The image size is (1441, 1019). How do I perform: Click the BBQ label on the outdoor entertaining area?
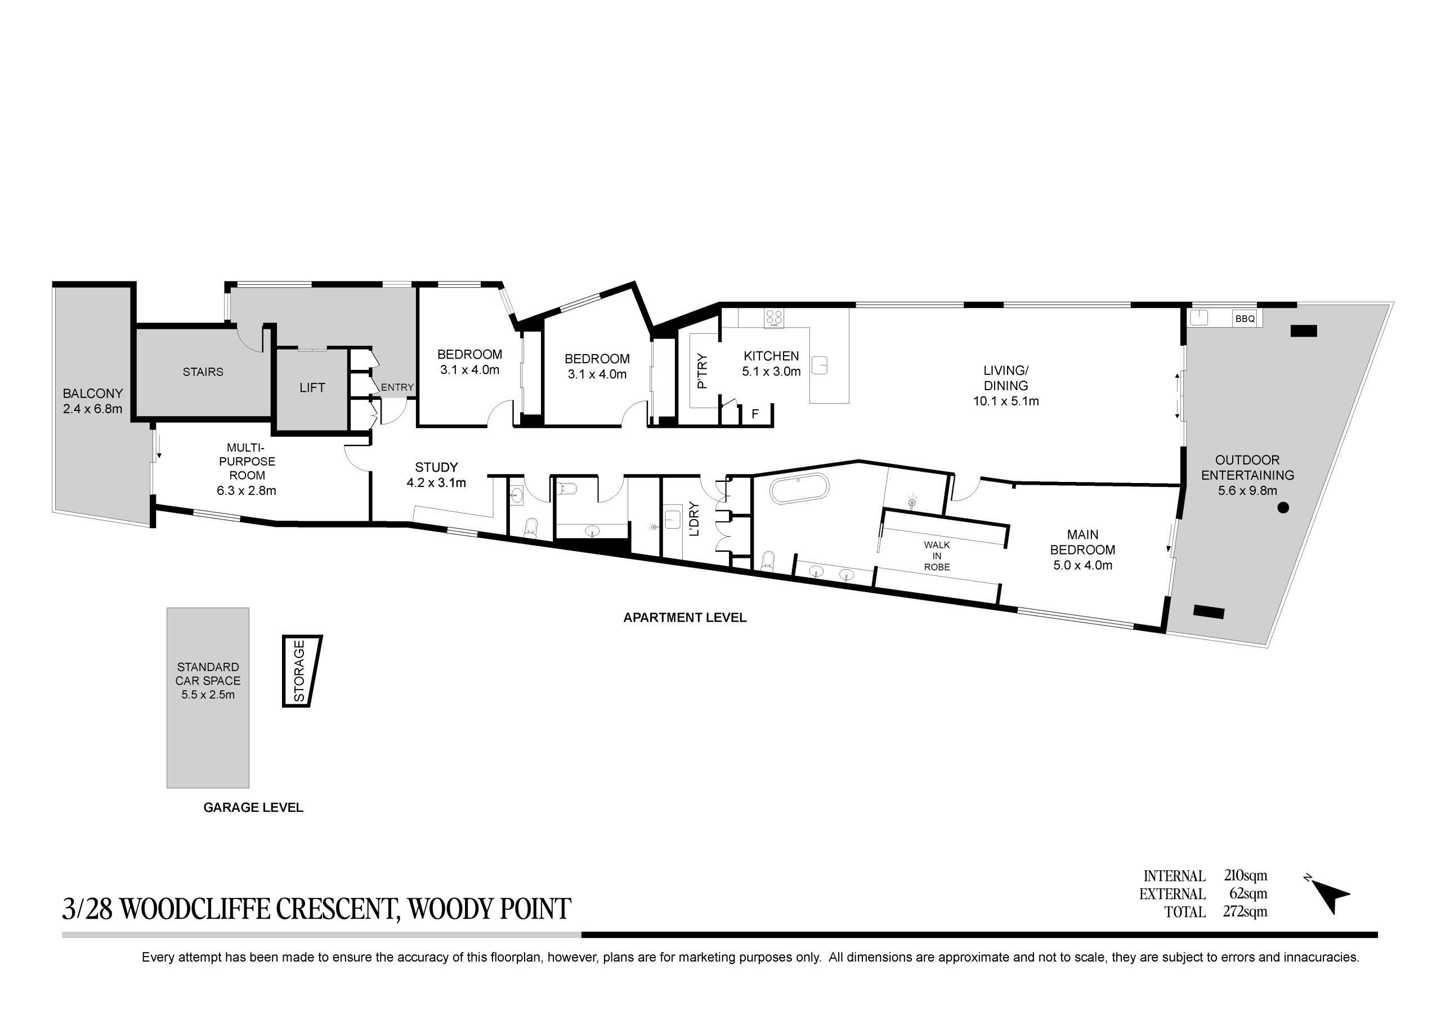1245,319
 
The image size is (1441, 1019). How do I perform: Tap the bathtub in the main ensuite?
799,489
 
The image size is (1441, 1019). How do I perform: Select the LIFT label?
312,388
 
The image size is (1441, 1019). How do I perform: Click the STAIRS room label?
203,372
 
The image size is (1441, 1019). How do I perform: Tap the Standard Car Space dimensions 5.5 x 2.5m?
208,695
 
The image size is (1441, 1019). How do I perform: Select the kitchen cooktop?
774,318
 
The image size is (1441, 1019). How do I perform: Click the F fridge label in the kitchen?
755,414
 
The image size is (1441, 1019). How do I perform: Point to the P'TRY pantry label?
702,371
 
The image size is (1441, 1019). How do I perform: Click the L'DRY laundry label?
693,519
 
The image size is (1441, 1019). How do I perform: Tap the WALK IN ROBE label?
937,556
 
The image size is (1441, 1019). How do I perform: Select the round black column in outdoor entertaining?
1283,508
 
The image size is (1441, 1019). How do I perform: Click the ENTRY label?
397,387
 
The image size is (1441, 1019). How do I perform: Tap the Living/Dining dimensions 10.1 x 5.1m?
1006,401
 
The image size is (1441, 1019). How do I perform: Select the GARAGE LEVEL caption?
253,808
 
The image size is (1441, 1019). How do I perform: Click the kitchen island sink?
820,365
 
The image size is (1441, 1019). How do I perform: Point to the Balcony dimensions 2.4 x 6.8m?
93,409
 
